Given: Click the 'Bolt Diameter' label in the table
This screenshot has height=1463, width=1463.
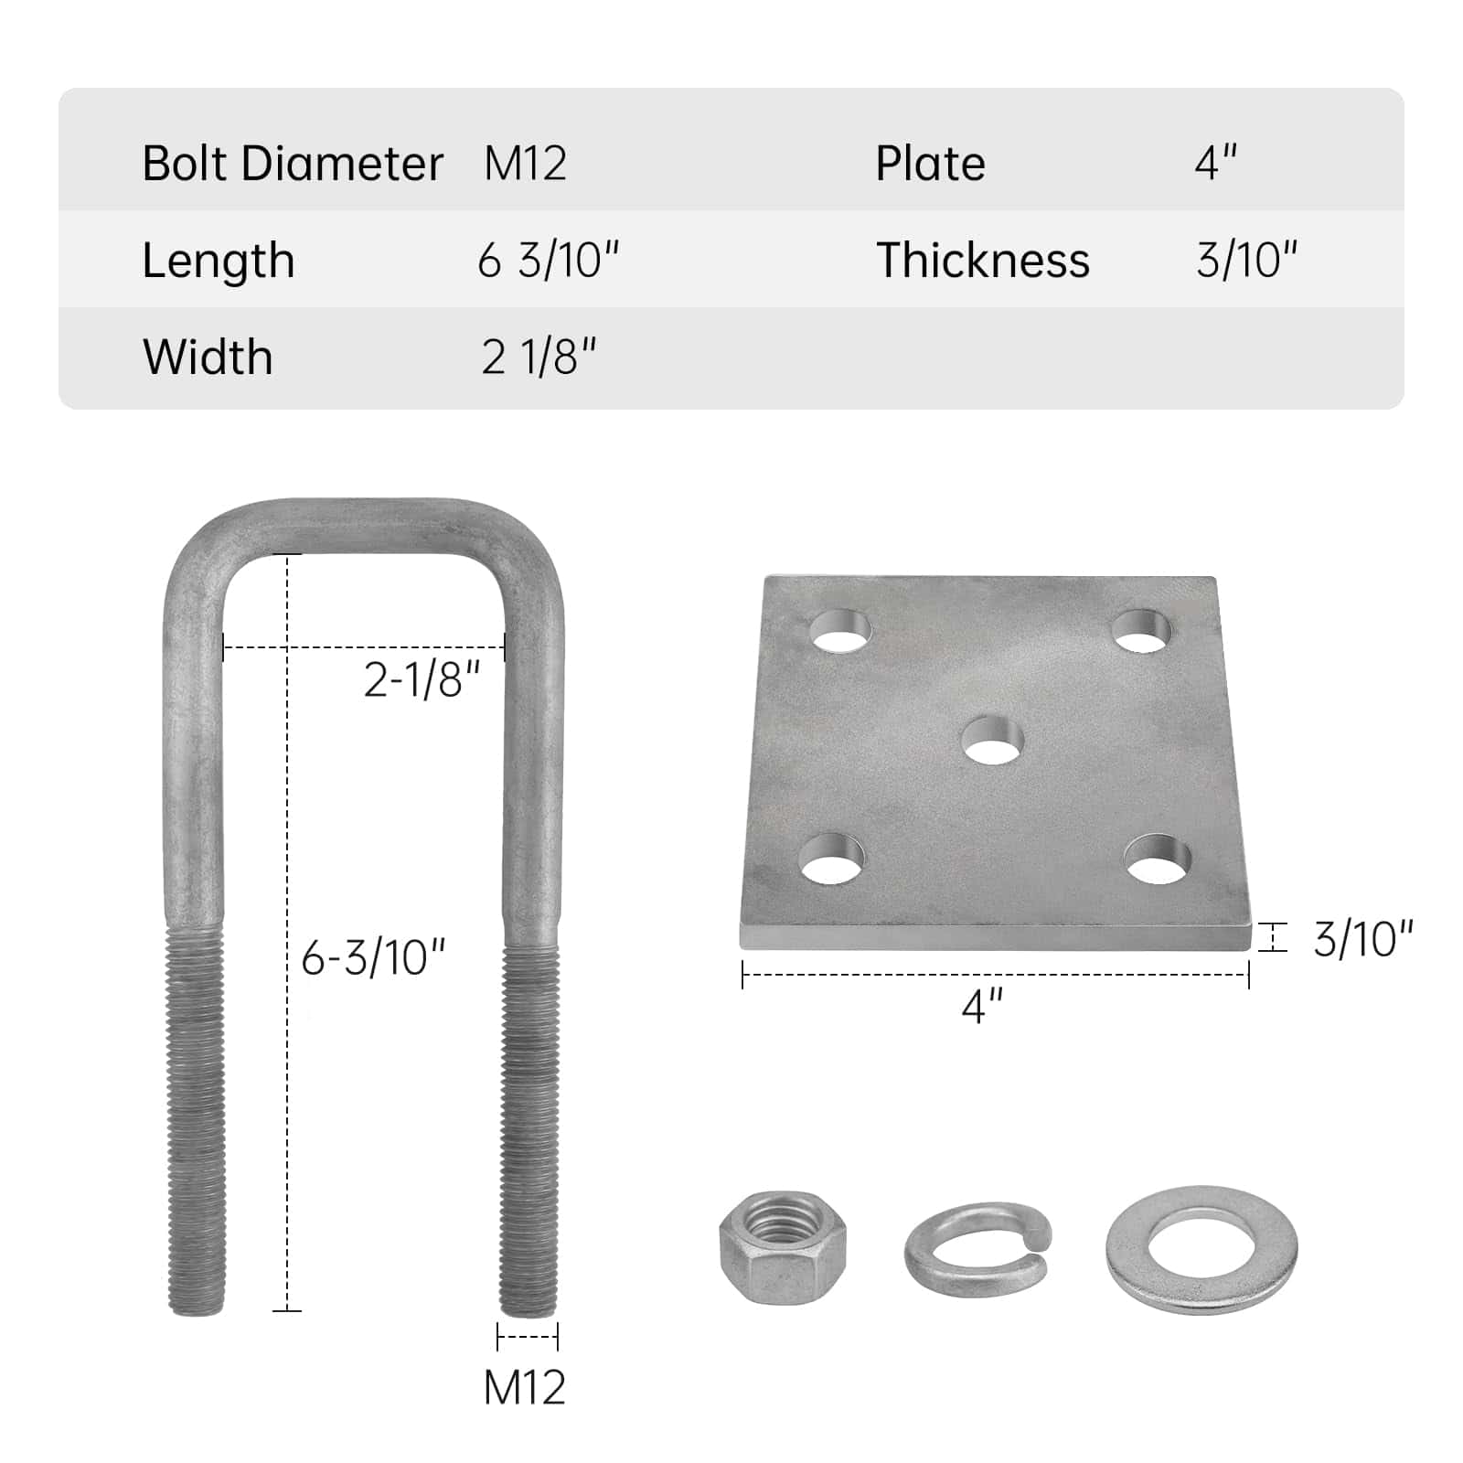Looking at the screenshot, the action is tap(293, 164).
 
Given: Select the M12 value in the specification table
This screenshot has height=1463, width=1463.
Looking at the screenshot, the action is tap(526, 164).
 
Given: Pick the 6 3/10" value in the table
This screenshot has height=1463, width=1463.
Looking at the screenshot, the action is tap(549, 261).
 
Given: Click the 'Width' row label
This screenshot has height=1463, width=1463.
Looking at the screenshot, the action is tap(208, 357).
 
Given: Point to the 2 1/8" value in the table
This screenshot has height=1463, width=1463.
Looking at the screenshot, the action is tap(539, 357).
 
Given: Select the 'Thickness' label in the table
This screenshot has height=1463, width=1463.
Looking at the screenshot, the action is tap(983, 261).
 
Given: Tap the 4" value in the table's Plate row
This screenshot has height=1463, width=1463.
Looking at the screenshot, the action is tap(1216, 163).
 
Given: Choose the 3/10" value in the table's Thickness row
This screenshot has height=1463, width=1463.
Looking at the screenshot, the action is tap(1247, 261).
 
